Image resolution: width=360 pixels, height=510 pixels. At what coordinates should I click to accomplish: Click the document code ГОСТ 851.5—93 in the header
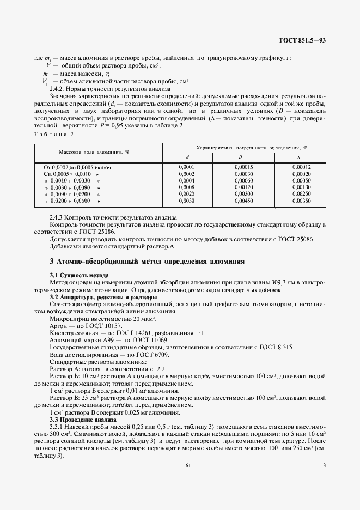tap(303, 40)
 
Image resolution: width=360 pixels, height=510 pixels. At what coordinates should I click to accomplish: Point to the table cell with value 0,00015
tap(242, 167)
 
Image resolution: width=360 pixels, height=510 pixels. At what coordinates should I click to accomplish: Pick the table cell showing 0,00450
tap(242, 201)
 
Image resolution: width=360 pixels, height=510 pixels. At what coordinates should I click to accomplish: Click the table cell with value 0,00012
tap(301, 167)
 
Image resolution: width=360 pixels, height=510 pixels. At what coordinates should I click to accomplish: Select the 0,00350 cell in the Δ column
tap(301, 201)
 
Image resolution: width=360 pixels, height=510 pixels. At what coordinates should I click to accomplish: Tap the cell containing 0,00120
tap(242, 187)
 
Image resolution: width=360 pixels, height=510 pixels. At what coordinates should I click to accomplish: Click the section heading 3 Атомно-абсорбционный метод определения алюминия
tap(147, 262)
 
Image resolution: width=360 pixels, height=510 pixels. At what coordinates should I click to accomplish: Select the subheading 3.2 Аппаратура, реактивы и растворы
tap(103, 297)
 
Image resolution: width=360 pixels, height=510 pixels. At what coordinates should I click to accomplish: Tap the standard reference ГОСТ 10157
tap(104, 325)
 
